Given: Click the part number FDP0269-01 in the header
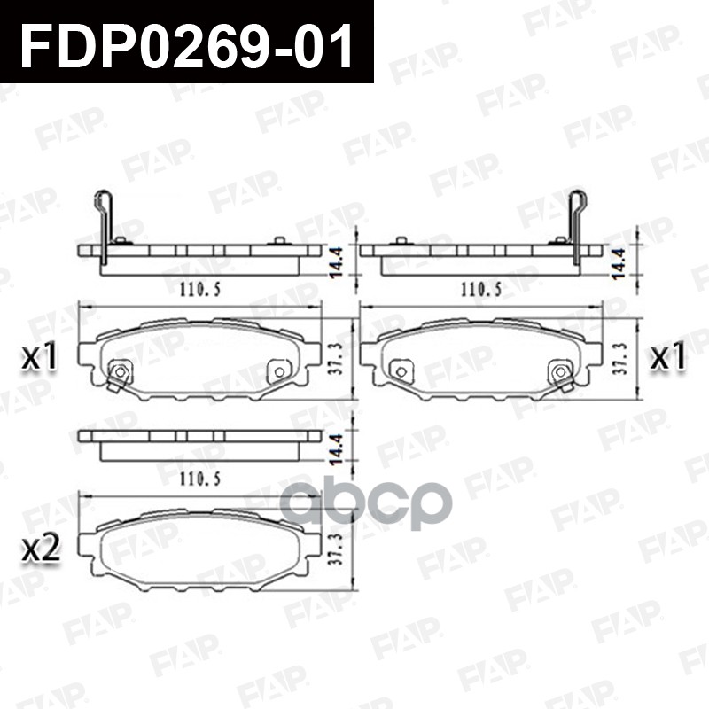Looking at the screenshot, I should [186, 43].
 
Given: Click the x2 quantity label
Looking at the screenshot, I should [41, 549].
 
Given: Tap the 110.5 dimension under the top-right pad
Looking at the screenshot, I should [479, 289].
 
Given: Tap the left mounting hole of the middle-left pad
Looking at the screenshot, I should [119, 371].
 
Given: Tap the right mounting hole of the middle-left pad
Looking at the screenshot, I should [280, 371].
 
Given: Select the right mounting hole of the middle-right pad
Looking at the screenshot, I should [561, 371].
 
